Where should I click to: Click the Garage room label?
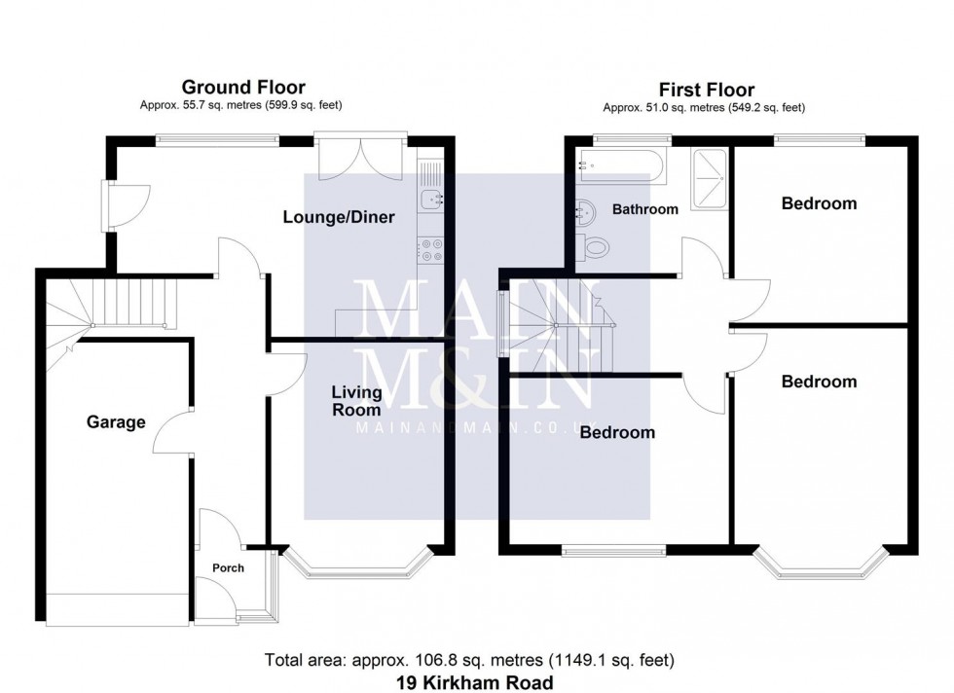pyautogui.click(x=116, y=422)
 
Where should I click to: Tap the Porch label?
pyautogui.click(x=229, y=568)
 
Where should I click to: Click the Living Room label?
pyautogui.click(x=356, y=402)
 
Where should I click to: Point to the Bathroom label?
pyautogui.click(x=644, y=209)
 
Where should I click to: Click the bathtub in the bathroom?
pyautogui.click(x=622, y=166)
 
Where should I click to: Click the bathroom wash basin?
pyautogui.click(x=585, y=209)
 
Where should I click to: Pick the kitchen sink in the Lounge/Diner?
pyautogui.click(x=429, y=201)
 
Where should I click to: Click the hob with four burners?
pyautogui.click(x=429, y=251)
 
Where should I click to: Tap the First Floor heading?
pyautogui.click(x=706, y=91)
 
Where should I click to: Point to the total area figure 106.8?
pyautogui.click(x=403, y=661)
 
